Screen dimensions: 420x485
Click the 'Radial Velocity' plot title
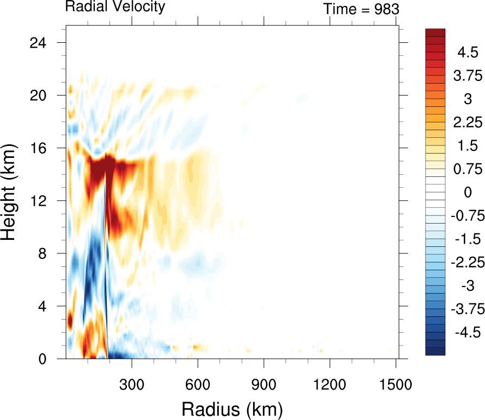(x=115, y=7)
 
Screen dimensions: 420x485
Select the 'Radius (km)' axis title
(x=232, y=408)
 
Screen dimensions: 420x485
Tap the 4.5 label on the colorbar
(x=467, y=53)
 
